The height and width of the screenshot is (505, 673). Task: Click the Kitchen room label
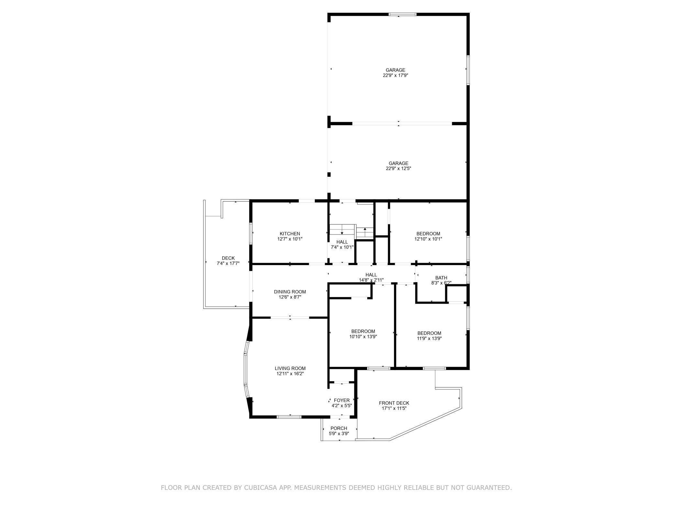tap(290, 234)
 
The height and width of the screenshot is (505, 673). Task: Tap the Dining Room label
tap(290, 292)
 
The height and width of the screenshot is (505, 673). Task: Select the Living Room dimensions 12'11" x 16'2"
tap(290, 374)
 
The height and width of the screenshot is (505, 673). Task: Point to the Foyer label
tap(342, 400)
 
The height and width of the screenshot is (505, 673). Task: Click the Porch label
tap(339, 428)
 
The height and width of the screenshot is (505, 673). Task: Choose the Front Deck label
tap(394, 403)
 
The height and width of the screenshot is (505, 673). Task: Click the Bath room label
tap(441, 278)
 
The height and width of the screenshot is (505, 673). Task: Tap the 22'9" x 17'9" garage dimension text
tap(395, 75)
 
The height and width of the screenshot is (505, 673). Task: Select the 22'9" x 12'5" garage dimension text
tap(398, 169)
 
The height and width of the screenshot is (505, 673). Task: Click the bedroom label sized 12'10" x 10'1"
tap(428, 234)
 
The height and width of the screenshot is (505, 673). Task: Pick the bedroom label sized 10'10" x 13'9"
tap(363, 331)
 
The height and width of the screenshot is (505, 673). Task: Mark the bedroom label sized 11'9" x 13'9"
tap(429, 333)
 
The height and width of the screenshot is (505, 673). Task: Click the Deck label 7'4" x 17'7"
tap(228, 258)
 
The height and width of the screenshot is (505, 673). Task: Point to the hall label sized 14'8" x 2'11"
tap(371, 275)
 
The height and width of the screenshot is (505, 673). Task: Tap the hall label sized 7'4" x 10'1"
tap(342, 242)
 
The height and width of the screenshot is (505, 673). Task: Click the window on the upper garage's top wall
tap(402, 14)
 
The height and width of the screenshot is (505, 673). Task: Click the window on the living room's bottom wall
tap(289, 417)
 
